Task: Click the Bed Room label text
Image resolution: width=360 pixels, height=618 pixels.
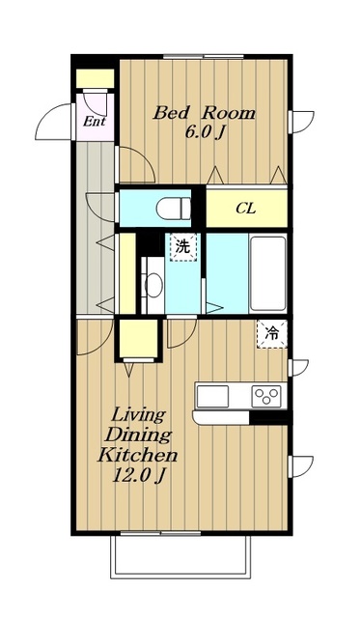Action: tap(204, 113)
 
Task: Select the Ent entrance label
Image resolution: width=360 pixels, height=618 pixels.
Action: tap(95, 121)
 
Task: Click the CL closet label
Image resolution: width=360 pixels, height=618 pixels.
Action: tap(246, 209)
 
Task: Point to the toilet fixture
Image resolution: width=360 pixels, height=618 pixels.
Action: tap(174, 209)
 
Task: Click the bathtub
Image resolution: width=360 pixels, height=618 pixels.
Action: tap(268, 273)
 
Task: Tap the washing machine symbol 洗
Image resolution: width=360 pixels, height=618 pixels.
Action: tap(182, 247)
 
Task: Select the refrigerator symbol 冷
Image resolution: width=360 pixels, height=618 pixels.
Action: tap(272, 334)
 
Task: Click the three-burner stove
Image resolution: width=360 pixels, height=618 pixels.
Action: tap(266, 396)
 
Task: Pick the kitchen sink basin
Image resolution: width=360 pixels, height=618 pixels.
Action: tap(212, 396)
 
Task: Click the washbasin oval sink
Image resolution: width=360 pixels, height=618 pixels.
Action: tap(154, 286)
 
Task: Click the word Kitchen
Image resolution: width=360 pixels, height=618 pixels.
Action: tap(137, 455)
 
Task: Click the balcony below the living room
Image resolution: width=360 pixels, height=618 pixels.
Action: tap(180, 556)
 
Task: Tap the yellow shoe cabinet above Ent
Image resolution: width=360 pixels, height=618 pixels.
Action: tap(95, 79)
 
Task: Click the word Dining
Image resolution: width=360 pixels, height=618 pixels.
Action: tap(138, 435)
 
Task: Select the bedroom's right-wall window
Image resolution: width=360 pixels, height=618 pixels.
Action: tap(300, 123)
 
